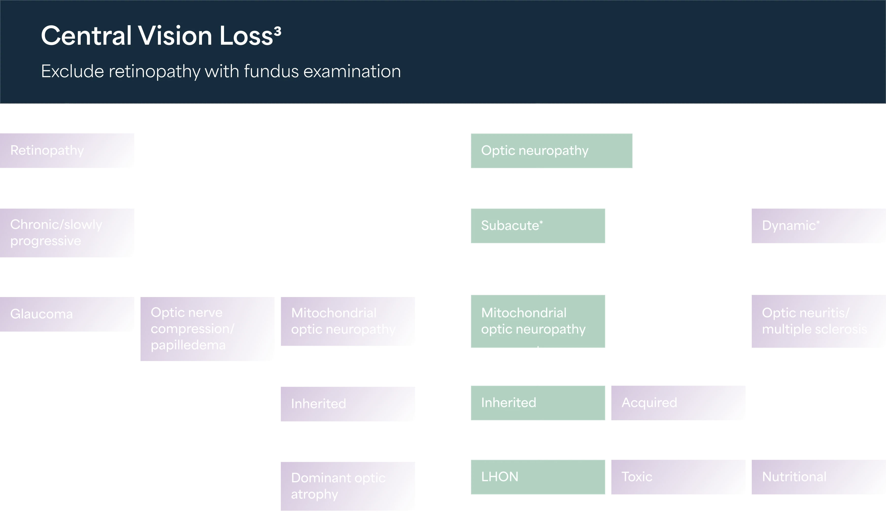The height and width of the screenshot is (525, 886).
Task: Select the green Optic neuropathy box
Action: click(552, 150)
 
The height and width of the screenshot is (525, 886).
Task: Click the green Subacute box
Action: click(538, 226)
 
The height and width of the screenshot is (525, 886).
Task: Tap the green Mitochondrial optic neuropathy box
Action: click(538, 321)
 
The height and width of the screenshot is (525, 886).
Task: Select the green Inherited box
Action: click(538, 403)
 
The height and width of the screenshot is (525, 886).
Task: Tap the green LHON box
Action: click(538, 477)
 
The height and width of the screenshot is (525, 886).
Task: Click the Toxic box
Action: click(678, 477)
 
